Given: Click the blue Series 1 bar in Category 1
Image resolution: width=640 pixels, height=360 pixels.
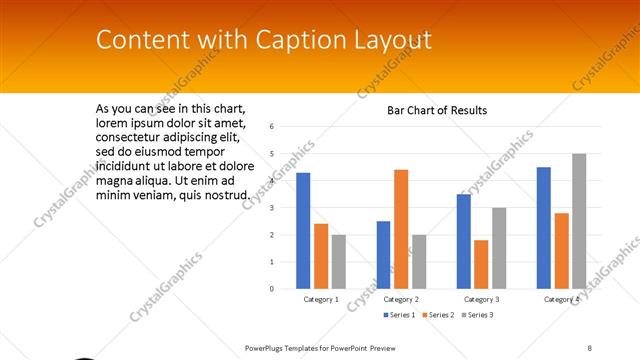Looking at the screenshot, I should coord(303,231).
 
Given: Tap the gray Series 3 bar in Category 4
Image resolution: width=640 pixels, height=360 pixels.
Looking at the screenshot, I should coord(579,221).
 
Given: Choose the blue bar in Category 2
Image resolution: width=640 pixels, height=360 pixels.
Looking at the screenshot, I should coord(383,255).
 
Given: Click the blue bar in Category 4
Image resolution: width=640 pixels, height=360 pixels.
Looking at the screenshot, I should coord(543,228).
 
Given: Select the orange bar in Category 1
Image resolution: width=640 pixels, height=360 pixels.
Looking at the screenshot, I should coord(321,256).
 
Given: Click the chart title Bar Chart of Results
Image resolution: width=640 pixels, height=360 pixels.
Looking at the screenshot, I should coord(437,110).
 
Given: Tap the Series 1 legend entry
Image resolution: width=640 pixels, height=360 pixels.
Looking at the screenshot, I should coord(400,315).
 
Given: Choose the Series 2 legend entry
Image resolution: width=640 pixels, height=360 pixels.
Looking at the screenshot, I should coord(439,315).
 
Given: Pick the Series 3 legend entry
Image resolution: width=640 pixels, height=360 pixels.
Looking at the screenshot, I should coord(477,315).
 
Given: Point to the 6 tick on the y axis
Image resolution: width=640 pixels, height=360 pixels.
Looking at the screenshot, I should coord(272,127).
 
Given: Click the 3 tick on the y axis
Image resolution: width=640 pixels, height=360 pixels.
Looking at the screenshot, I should coord(272,208).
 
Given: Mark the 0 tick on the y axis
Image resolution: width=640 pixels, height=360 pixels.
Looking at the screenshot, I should coord(272,289).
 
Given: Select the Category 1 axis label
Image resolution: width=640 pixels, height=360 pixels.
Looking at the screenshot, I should coord(321,299).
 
